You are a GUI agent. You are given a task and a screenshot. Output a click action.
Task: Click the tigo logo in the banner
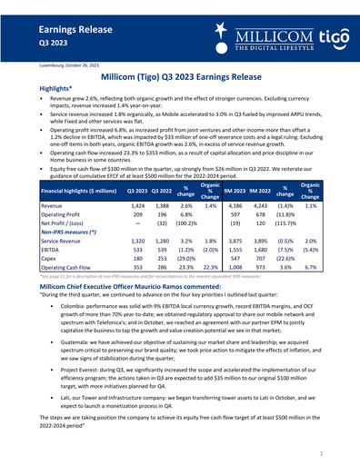coord(329,37)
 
